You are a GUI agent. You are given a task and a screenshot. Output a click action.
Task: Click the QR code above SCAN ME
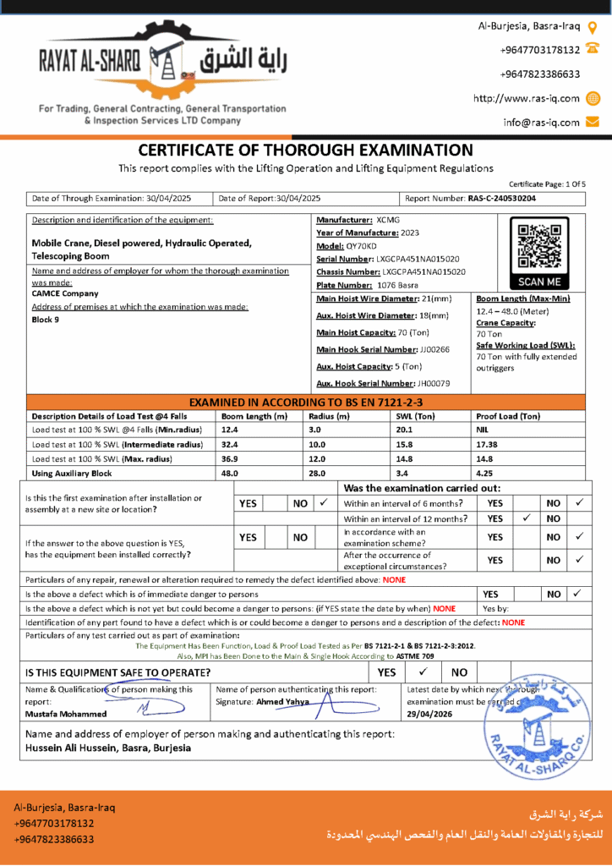538,244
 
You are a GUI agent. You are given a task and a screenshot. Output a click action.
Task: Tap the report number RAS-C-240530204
501,199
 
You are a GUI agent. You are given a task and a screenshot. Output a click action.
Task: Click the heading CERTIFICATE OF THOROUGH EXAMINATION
305,151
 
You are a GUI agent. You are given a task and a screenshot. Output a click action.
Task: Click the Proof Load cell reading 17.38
489,444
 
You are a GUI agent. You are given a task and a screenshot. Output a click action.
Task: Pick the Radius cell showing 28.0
317,474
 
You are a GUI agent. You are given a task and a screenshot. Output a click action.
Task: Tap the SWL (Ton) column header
415,416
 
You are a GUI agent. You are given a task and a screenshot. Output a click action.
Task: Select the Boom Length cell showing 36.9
230,459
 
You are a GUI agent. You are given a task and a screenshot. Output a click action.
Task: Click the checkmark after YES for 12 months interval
527,518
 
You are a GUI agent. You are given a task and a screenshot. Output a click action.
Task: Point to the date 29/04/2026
430,714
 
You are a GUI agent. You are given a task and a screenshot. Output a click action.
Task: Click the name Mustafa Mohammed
66,714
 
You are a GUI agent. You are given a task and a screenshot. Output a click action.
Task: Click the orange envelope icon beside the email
593,122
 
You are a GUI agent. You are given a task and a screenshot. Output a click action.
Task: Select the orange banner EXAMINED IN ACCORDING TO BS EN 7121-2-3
305,402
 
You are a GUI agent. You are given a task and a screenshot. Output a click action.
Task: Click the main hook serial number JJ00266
434,349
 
